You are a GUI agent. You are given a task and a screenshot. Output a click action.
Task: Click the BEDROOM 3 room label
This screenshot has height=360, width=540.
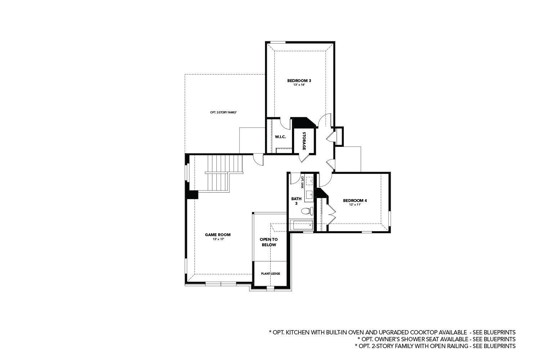299,81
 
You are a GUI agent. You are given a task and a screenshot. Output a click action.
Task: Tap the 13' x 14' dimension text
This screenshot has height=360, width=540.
299,85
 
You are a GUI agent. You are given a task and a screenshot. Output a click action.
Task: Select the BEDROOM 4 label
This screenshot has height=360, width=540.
355,201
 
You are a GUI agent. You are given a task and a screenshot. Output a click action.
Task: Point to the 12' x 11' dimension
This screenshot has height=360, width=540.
355,205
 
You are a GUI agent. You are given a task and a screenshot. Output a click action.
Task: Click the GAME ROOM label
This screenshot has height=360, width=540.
218,235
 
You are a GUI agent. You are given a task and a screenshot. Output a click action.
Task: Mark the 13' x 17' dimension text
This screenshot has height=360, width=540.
218,239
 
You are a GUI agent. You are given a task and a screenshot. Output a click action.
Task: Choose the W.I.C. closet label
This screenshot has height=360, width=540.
280,137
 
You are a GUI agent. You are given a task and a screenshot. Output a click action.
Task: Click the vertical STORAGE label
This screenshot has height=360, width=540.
304,141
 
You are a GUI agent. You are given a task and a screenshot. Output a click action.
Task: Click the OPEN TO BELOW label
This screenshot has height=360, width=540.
269,242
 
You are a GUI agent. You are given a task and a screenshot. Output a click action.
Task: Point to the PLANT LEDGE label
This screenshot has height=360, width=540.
270,274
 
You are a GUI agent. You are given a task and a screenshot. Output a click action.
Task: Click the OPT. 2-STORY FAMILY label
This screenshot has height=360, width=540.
223,112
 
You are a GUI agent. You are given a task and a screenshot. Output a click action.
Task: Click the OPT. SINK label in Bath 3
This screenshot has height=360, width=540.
302,182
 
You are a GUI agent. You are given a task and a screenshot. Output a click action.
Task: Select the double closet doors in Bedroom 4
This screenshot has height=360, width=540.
332,215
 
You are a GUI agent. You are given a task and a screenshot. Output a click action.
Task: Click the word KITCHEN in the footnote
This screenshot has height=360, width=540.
297,332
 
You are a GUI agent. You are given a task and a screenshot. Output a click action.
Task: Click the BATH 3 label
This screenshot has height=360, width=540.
296,201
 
